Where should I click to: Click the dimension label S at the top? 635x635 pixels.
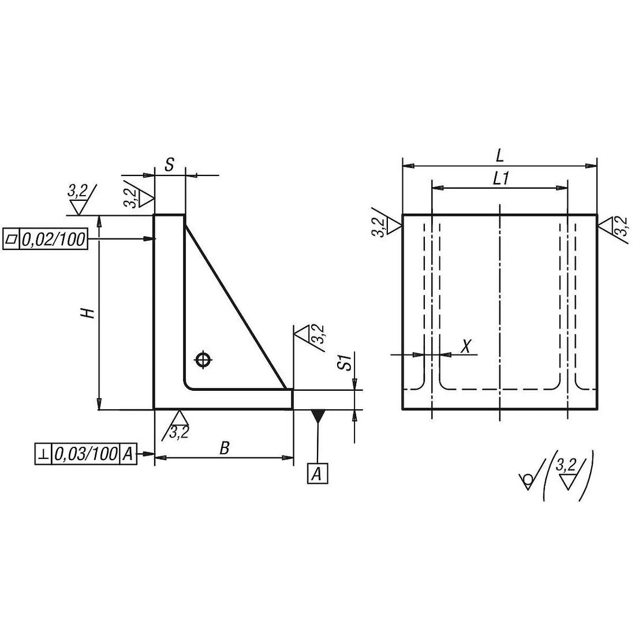[169, 165]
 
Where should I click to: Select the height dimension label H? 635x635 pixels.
[87, 313]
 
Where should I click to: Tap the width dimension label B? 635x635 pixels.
[225, 447]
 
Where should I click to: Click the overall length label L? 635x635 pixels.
[500, 155]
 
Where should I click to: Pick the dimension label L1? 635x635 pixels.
[500, 179]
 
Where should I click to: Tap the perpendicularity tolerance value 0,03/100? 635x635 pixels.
[85, 454]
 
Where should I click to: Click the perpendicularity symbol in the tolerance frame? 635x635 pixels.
[43, 454]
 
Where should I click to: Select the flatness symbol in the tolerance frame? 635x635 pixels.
[11, 239]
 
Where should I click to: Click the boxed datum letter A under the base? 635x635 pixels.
[317, 473]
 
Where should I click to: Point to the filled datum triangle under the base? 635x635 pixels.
[317, 415]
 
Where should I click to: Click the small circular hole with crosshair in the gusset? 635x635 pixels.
[202, 360]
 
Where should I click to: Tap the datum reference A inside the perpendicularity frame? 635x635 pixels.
[128, 454]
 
